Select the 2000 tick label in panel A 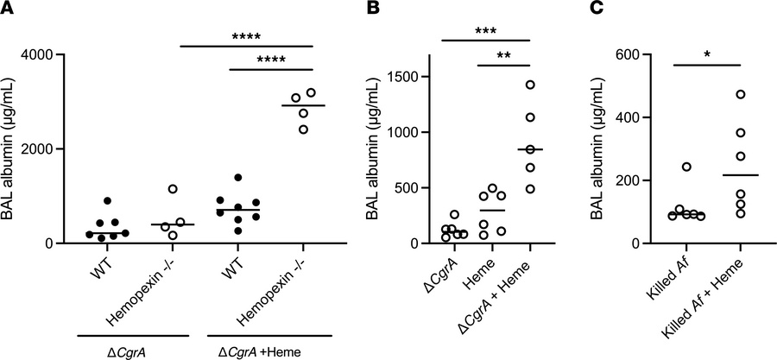[x=39, y=148]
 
